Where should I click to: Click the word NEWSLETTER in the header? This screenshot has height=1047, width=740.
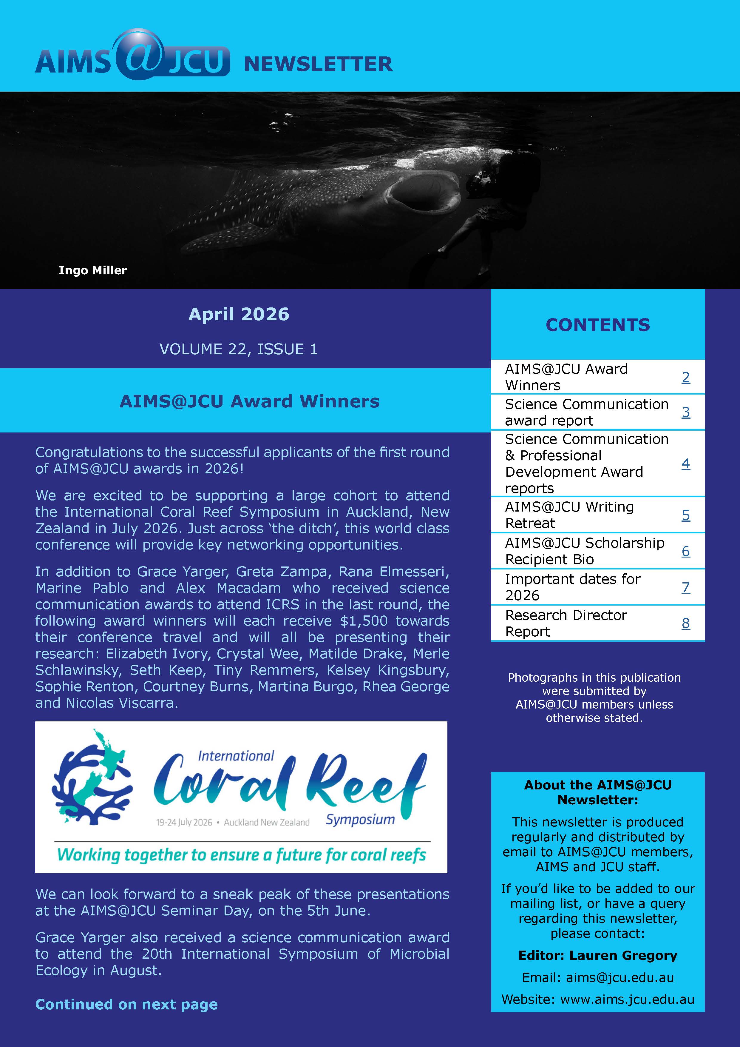318,64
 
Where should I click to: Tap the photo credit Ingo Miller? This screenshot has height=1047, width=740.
92,270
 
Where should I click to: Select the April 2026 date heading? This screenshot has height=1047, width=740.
239,314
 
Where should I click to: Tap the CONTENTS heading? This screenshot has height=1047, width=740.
597,325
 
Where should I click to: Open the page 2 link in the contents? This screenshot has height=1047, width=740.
685,377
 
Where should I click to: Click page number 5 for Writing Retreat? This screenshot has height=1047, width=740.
685,515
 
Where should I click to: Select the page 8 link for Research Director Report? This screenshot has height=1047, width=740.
685,623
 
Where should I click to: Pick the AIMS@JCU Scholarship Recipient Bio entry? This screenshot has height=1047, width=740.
584,551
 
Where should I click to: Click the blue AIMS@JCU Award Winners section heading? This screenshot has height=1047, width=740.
249,401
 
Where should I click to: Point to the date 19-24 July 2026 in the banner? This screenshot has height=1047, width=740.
184,823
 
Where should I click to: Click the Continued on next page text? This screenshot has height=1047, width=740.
127,1004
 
